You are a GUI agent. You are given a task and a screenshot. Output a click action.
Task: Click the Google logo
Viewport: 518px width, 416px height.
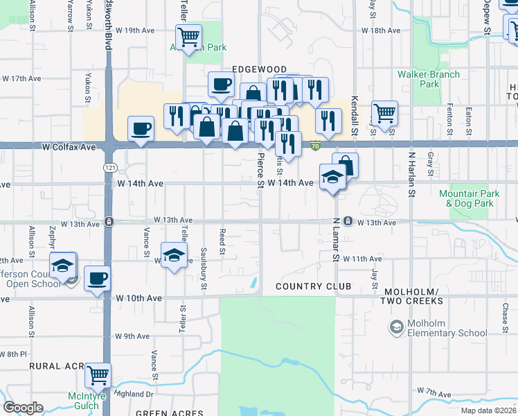tap(24, 408)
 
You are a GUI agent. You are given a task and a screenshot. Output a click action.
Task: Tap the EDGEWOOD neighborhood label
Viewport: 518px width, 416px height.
tap(260, 69)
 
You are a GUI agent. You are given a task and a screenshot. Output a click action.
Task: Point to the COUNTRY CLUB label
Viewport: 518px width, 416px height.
tap(314, 286)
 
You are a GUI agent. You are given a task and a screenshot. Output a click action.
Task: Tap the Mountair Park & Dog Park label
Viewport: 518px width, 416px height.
tap(470, 199)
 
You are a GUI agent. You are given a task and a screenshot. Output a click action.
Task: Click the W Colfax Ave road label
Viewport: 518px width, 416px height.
tap(69, 147)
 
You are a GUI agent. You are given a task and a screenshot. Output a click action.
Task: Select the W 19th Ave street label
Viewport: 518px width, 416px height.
tap(135, 31)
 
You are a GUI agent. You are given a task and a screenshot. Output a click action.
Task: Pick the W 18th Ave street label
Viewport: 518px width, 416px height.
tap(381, 31)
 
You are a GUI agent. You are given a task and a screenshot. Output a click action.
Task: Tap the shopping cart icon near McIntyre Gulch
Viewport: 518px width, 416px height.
tap(98, 375)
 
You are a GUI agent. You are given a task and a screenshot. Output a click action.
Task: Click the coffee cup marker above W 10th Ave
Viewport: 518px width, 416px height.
tap(98, 278)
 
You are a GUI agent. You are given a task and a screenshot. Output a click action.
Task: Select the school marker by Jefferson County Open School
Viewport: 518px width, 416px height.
tap(62, 266)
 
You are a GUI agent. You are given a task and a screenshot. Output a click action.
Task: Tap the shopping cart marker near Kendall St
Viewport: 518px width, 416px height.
tap(384, 113)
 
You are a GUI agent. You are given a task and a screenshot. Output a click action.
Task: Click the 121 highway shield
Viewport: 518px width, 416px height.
tap(109, 168)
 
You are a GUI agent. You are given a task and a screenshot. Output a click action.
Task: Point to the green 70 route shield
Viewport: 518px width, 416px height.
tap(315, 146)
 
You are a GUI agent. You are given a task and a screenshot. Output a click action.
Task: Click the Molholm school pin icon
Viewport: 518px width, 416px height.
tap(396, 327)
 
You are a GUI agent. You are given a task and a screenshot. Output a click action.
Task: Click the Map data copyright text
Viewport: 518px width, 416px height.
tap(489, 410)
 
